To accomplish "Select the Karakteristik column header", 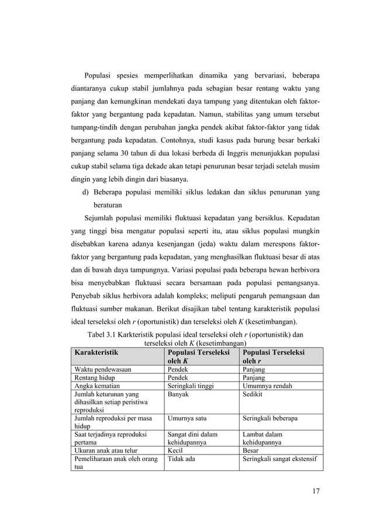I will [95, 353].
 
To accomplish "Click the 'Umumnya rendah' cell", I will [268, 386].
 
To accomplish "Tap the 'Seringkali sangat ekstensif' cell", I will [280, 459].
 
